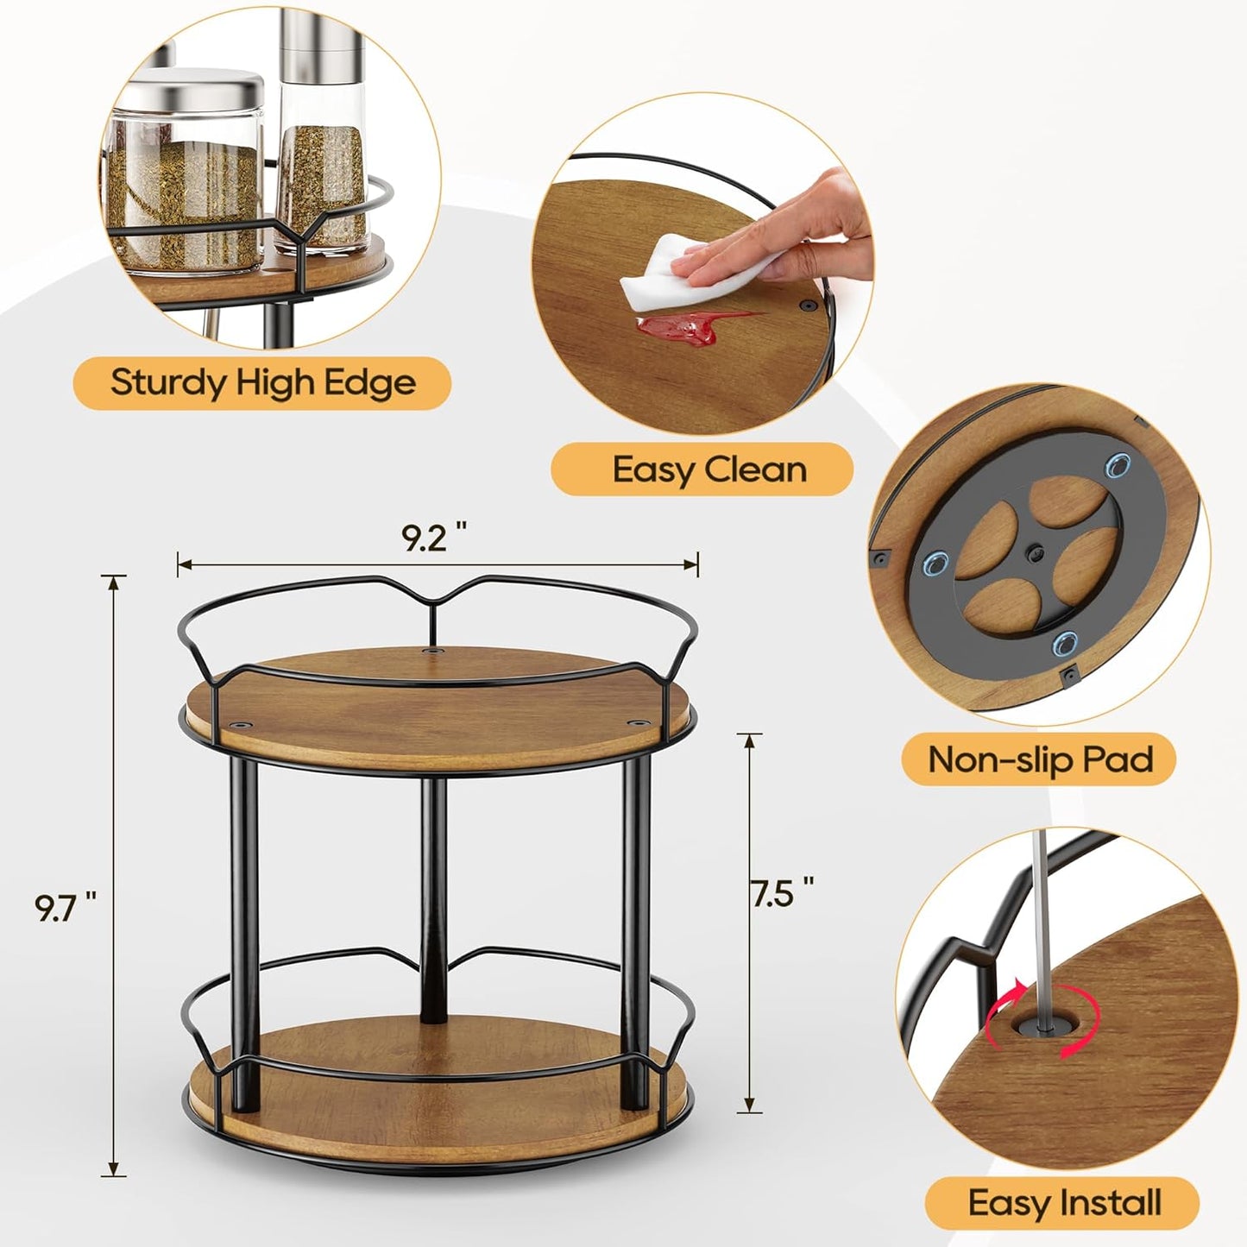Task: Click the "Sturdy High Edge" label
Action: point(262,381)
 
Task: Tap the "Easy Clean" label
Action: point(709,469)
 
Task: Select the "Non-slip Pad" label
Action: point(1040,759)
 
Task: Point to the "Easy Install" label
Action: point(1064,1202)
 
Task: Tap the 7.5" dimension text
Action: point(782,893)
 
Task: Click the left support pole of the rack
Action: point(244,897)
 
